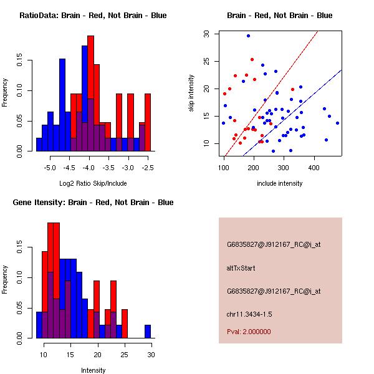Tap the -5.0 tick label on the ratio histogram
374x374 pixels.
50,168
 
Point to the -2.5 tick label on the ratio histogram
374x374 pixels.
148,168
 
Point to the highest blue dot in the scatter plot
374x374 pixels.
248,36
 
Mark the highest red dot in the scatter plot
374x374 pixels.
252,60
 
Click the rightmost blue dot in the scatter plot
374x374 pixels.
337,123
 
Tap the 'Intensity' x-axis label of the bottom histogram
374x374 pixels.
93,370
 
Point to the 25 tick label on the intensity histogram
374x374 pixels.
125,355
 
